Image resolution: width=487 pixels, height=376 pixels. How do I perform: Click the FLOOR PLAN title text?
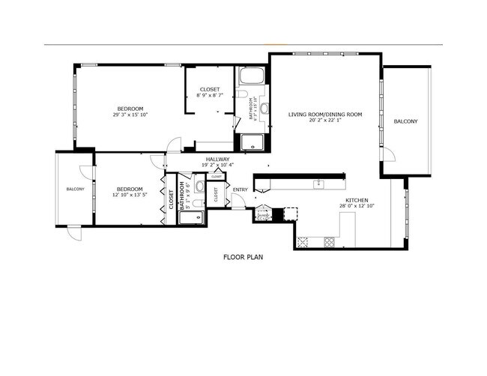243,257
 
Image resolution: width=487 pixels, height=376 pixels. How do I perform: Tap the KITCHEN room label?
355,200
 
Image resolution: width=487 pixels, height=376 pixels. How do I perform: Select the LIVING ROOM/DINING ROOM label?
325,115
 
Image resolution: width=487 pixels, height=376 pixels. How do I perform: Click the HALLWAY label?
217,159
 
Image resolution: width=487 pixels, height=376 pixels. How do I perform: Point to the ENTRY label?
240,189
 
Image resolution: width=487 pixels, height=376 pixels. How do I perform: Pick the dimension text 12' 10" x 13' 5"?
129,195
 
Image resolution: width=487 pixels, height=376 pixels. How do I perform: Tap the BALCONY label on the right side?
405,121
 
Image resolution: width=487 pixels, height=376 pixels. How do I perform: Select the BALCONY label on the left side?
75,189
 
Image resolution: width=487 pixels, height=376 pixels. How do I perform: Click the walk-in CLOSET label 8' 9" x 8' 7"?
209,93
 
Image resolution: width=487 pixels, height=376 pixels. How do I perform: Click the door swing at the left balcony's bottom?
75,234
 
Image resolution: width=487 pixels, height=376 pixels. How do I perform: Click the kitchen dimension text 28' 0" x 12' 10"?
355,207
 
